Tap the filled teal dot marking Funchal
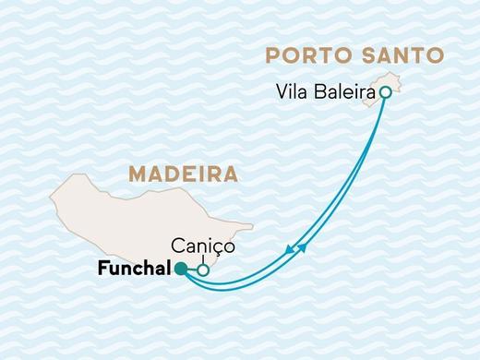point(181,269)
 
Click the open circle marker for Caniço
point(203,270)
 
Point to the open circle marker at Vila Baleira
point(385,92)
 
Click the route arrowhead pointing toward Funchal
point(291,248)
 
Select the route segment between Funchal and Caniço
point(192,270)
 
